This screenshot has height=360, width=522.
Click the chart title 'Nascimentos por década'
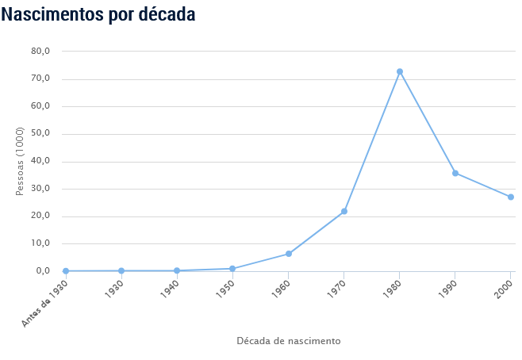tap(98, 14)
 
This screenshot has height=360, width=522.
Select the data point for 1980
tap(400, 71)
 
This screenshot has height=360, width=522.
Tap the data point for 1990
tap(455, 173)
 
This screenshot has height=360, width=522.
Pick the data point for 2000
tap(511, 197)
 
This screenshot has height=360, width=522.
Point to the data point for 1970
tap(344, 212)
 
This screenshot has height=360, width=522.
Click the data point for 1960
tap(288, 254)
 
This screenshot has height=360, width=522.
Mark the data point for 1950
tap(232, 269)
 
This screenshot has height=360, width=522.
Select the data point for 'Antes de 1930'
tap(66, 271)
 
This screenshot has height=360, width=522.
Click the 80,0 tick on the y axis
tap(40, 51)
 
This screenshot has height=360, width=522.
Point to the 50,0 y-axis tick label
tap(40, 133)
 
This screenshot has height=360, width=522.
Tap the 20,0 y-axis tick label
tap(40, 216)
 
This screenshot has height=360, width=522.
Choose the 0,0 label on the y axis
tap(43, 271)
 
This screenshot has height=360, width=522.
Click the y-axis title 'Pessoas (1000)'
tap(21, 161)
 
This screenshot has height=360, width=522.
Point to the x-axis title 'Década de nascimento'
tap(289, 341)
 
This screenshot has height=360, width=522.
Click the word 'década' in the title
tap(166, 14)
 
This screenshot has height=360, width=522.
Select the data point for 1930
tap(121, 271)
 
